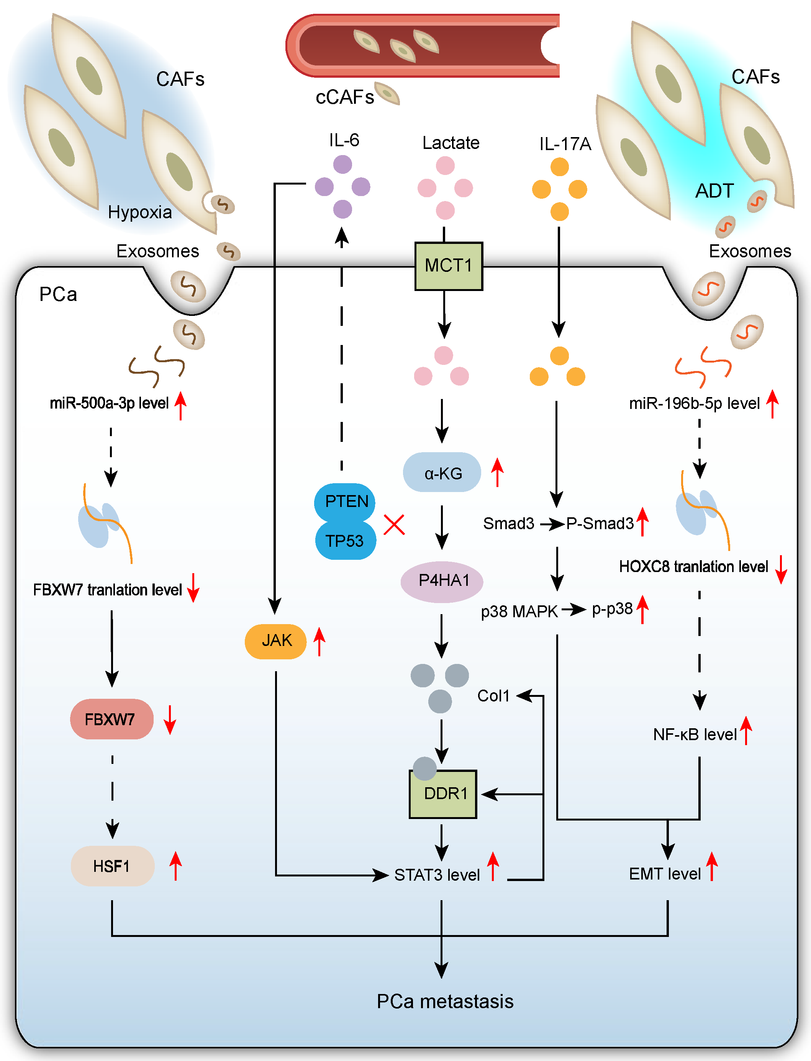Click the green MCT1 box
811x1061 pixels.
(x=449, y=266)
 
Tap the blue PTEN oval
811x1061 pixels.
(x=346, y=501)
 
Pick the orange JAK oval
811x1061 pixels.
(x=276, y=641)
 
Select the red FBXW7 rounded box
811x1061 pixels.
(x=111, y=719)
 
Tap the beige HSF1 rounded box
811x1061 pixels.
(x=112, y=866)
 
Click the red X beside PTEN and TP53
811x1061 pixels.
(x=394, y=525)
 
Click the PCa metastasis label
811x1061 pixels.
(x=445, y=1001)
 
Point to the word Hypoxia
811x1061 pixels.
(x=139, y=212)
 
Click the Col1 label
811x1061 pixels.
(x=493, y=696)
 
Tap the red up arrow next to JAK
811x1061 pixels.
(x=319, y=641)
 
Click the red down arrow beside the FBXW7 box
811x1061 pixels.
(x=169, y=719)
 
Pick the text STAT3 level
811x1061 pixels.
(x=436, y=875)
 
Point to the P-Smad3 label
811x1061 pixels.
(x=600, y=523)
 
